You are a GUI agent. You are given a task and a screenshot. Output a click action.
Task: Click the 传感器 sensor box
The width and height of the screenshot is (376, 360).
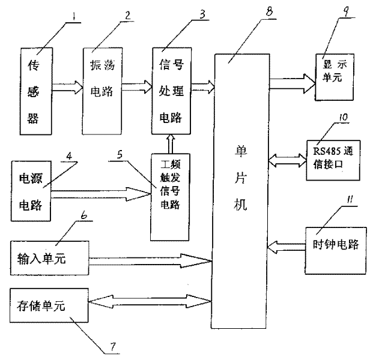click(x=34, y=90)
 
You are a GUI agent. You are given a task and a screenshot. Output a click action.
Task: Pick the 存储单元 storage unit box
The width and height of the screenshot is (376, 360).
click(x=49, y=307)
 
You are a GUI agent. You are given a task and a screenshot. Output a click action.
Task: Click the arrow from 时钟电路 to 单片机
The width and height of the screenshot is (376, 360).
click(x=285, y=244)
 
